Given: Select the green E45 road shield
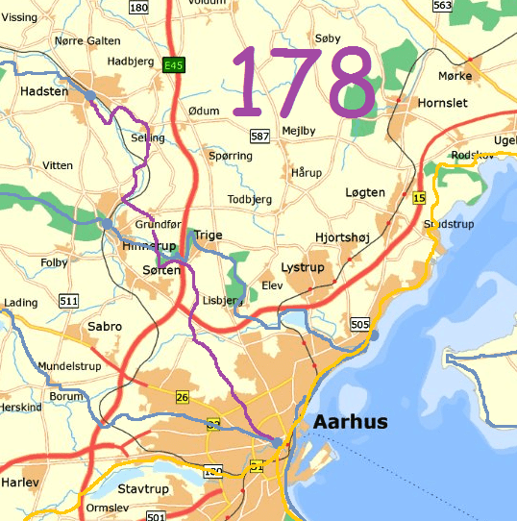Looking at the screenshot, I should (173, 64).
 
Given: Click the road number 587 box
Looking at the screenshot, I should (259, 136).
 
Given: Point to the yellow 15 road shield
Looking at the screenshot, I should (418, 198).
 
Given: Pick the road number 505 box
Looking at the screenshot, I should (360, 324).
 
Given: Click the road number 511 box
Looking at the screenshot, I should (68, 301).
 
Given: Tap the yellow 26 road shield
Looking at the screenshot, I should (183, 396).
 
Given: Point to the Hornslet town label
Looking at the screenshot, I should (443, 102).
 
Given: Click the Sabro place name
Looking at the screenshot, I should (105, 327).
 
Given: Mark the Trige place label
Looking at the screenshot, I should (209, 235).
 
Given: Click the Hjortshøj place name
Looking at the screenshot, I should (342, 236).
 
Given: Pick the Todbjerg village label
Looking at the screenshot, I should (250, 199).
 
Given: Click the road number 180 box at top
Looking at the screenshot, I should (138, 7).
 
